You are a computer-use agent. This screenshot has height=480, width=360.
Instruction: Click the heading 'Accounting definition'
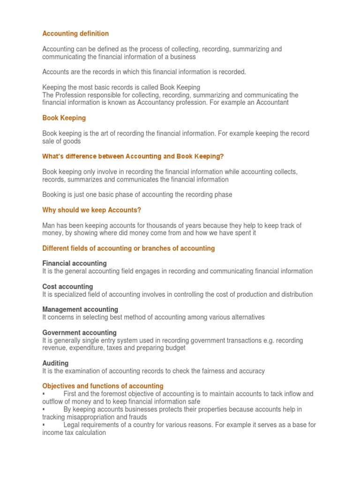pyautogui.click(x=75, y=34)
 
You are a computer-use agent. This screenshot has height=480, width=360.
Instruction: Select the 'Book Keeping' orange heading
pyautogui.click(x=64, y=118)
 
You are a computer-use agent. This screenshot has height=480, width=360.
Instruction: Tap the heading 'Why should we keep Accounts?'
pyautogui.click(x=91, y=210)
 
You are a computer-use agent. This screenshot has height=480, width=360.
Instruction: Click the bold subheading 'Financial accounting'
pyautogui.click(x=75, y=263)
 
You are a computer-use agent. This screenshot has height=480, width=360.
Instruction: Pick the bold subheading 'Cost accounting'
pyautogui.click(x=67, y=286)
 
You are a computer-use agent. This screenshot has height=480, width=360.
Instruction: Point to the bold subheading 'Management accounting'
pyautogui.click(x=80, y=309)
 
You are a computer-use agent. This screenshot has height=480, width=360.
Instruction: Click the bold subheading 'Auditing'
pyautogui.click(x=55, y=363)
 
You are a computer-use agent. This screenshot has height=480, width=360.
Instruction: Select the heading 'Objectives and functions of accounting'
pyautogui.click(x=103, y=386)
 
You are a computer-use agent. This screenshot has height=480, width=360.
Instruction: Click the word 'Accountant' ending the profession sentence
pyautogui.click(x=272, y=103)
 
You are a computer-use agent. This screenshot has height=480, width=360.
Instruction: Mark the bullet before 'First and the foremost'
pyautogui.click(x=44, y=394)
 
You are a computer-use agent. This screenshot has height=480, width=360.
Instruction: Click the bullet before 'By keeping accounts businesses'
pyautogui.click(x=44, y=409)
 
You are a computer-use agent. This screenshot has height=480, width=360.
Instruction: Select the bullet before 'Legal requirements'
pyautogui.click(x=44, y=425)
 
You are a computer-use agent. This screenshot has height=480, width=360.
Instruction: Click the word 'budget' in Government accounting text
pyautogui.click(x=174, y=348)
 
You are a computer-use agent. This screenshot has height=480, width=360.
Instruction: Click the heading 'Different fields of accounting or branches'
pyautogui.click(x=128, y=248)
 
